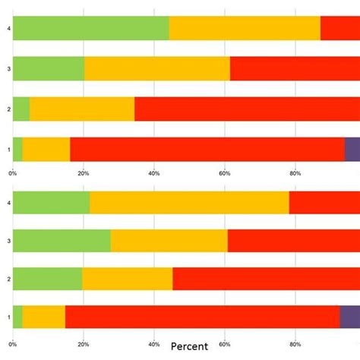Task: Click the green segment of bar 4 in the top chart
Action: coord(90,28)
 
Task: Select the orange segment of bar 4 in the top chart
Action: coord(245,28)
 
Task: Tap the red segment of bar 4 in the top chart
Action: coord(339,28)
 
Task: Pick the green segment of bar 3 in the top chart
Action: coord(49,68)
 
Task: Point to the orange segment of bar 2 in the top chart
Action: coord(82,109)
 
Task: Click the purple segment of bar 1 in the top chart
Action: coord(352,149)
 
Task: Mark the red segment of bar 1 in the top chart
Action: coord(207,149)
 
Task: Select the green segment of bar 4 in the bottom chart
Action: coord(51,203)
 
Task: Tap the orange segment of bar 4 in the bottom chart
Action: coord(189,203)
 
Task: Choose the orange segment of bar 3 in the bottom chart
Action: coord(169,241)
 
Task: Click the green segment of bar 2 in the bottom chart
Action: coord(47,279)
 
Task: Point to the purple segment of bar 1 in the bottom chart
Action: coord(349,317)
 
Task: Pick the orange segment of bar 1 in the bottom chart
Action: coord(43,317)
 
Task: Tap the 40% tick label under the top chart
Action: coord(154,173)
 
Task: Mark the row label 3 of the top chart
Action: coord(8,68)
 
